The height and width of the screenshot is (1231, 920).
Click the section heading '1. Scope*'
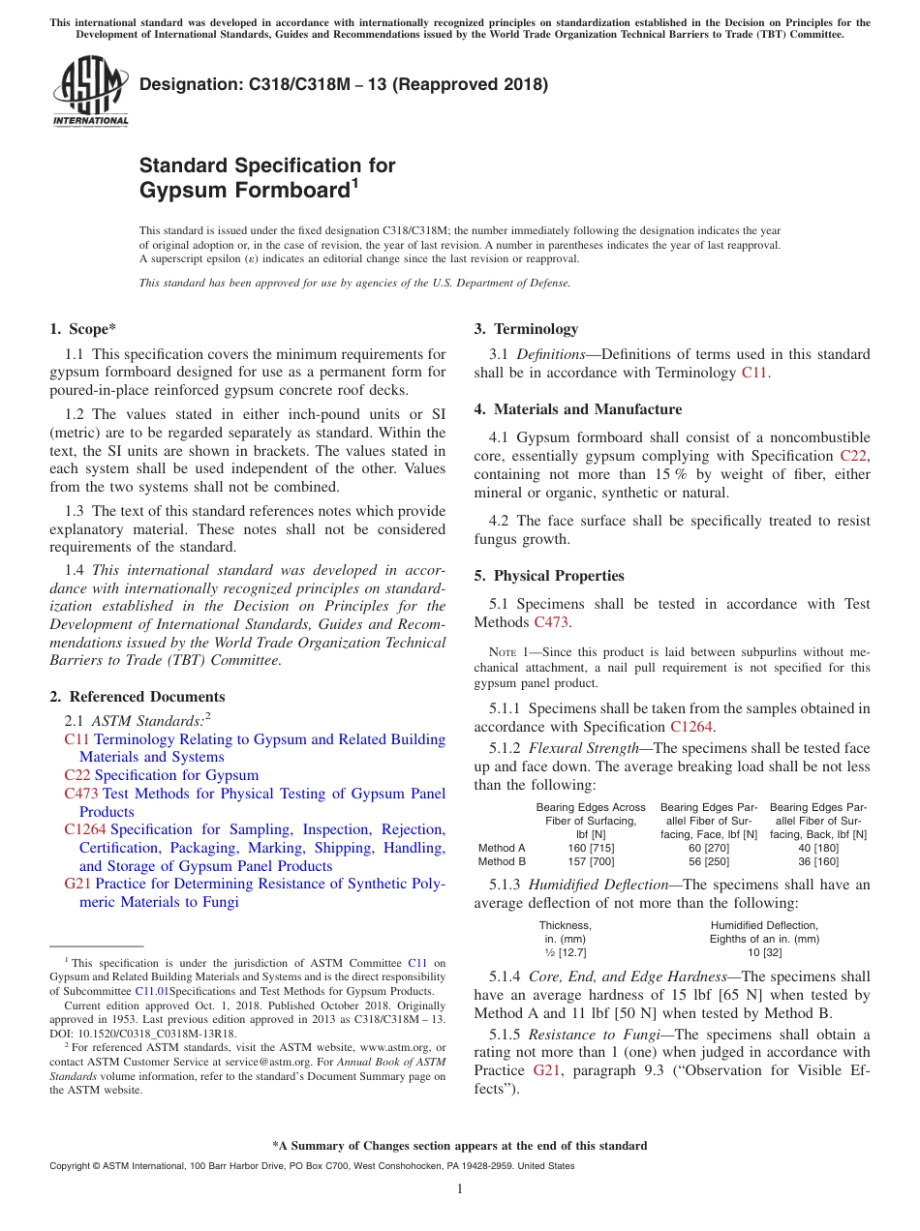tap(83, 329)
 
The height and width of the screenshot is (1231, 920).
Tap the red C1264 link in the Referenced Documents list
tap(85, 829)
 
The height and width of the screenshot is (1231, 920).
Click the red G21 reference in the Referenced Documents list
tap(77, 884)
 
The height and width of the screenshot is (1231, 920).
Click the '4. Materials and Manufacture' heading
tap(577, 409)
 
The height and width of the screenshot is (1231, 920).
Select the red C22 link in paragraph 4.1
tap(853, 456)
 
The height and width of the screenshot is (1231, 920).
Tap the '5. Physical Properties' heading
tap(548, 576)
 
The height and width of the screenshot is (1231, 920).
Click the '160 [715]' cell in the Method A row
tap(591, 848)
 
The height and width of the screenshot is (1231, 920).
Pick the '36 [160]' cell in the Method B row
tap(818, 861)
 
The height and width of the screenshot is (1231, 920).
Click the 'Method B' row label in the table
tap(502, 861)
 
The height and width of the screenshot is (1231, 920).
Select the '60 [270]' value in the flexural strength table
tap(709, 848)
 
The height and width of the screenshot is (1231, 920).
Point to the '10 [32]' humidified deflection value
tap(764, 952)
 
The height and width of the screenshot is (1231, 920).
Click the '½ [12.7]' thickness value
tap(565, 952)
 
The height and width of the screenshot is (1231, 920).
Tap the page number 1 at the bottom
tap(460, 1189)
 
